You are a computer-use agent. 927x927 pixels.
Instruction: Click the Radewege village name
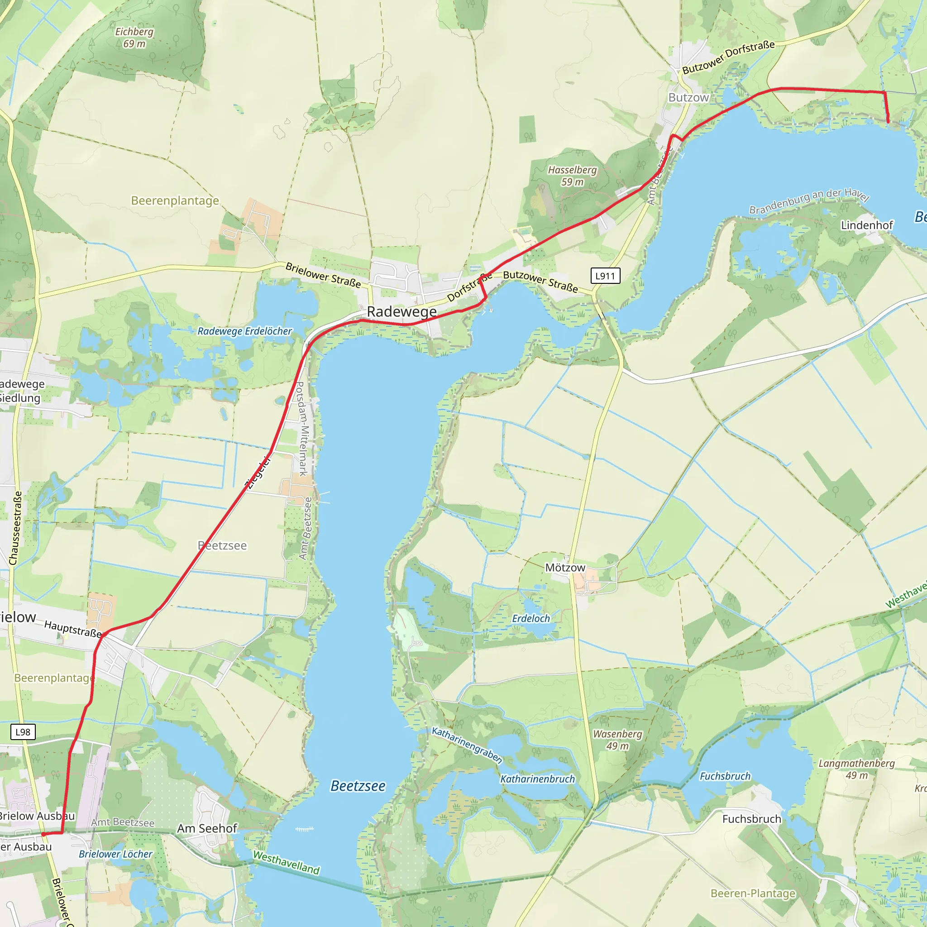[x=401, y=311]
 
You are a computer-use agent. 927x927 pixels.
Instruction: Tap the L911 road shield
[x=605, y=276]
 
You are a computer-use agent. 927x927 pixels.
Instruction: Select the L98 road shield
[x=23, y=732]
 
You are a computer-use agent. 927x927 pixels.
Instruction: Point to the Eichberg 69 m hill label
[x=134, y=38]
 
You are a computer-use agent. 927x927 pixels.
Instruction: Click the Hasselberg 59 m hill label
[x=572, y=176]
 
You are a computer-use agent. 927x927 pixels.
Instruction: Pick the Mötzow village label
[x=565, y=568]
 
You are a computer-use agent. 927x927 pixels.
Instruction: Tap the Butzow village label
[x=688, y=97]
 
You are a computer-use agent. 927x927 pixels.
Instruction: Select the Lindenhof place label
[x=866, y=225]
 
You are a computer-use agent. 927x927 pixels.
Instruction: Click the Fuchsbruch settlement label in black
[x=751, y=819]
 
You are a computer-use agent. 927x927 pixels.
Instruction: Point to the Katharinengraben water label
[x=467, y=745]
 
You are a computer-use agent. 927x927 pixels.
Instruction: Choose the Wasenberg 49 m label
[x=617, y=740]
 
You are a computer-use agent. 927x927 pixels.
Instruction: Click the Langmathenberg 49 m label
[x=856, y=769]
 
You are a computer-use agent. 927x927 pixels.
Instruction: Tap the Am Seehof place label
[x=207, y=829]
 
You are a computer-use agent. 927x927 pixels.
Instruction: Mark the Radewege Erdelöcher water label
[x=245, y=331]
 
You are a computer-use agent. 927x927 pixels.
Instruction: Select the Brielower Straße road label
[x=323, y=275]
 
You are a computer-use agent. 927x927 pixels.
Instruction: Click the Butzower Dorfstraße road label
[x=728, y=57]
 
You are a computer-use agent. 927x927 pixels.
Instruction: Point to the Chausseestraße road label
[x=16, y=528]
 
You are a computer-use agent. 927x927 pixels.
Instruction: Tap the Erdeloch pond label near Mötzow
[x=530, y=618]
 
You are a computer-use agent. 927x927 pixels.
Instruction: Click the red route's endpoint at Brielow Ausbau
[x=43, y=834]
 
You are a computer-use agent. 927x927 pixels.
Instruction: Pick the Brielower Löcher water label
[x=115, y=854]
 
